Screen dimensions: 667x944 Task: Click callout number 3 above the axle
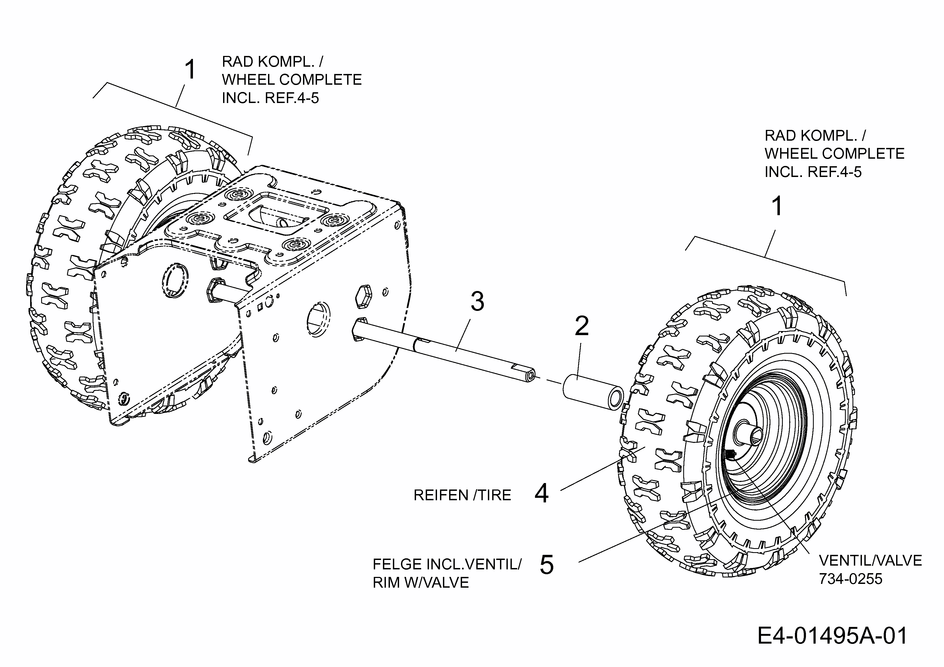477,302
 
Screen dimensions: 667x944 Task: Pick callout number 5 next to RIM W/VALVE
547,565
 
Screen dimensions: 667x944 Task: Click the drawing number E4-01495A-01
832,636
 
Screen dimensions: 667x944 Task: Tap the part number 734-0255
851,579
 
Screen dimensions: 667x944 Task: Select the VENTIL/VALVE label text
870,560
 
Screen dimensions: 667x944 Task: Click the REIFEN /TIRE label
462,495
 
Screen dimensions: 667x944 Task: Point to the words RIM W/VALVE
421,583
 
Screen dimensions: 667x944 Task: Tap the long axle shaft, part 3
444,347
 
